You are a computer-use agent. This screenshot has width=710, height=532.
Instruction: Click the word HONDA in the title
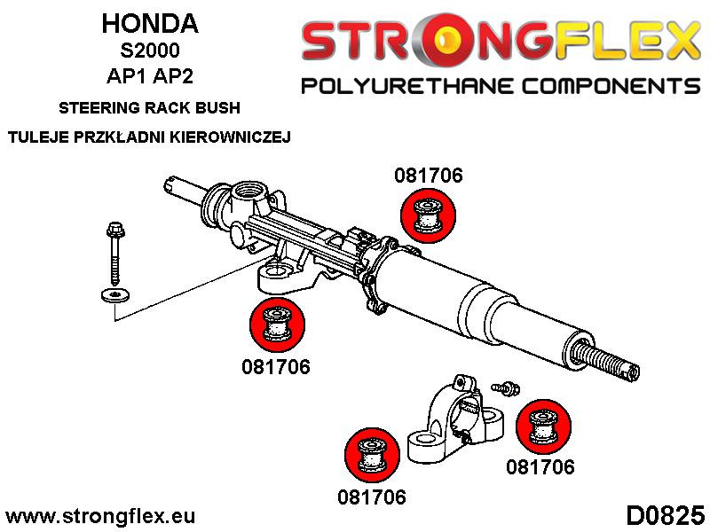coord(149,23)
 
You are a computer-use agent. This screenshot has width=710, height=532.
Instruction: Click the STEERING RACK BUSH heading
coord(149,110)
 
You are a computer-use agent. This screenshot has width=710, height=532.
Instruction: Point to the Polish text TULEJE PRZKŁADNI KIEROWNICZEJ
coord(149,137)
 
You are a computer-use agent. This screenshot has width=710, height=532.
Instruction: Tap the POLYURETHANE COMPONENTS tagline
coord(501,86)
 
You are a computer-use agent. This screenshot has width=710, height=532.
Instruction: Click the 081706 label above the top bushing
coord(428,176)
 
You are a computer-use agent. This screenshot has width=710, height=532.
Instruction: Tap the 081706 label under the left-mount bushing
coord(276,367)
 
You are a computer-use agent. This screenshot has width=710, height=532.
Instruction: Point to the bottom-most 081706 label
coord(371,497)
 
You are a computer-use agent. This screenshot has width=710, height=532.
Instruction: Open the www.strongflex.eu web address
coord(100,515)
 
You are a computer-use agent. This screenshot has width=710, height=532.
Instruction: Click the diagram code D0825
coord(665,514)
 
